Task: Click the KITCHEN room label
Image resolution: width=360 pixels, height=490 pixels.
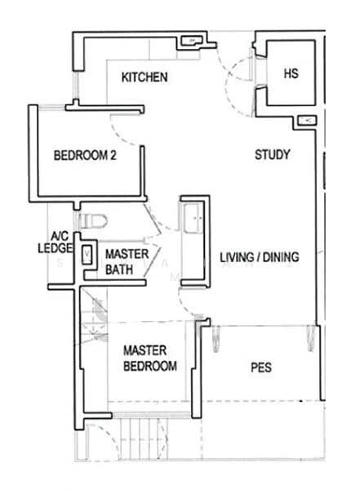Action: [144, 78]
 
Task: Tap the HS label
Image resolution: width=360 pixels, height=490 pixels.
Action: [291, 73]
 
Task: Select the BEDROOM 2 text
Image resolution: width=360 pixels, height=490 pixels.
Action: [85, 155]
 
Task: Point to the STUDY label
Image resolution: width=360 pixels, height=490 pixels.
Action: [273, 155]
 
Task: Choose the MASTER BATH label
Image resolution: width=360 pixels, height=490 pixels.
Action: [127, 261]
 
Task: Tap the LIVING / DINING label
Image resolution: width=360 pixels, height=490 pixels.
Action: [260, 257]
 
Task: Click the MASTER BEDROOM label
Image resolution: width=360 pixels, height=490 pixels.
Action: [149, 358]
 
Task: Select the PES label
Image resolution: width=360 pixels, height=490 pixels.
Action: [261, 367]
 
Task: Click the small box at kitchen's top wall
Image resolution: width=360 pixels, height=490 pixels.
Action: [190, 40]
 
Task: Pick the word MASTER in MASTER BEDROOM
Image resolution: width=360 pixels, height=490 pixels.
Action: [140, 350]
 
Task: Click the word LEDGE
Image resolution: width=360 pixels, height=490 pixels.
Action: [56, 248]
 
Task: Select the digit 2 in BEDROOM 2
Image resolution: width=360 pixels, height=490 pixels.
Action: [113, 155]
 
